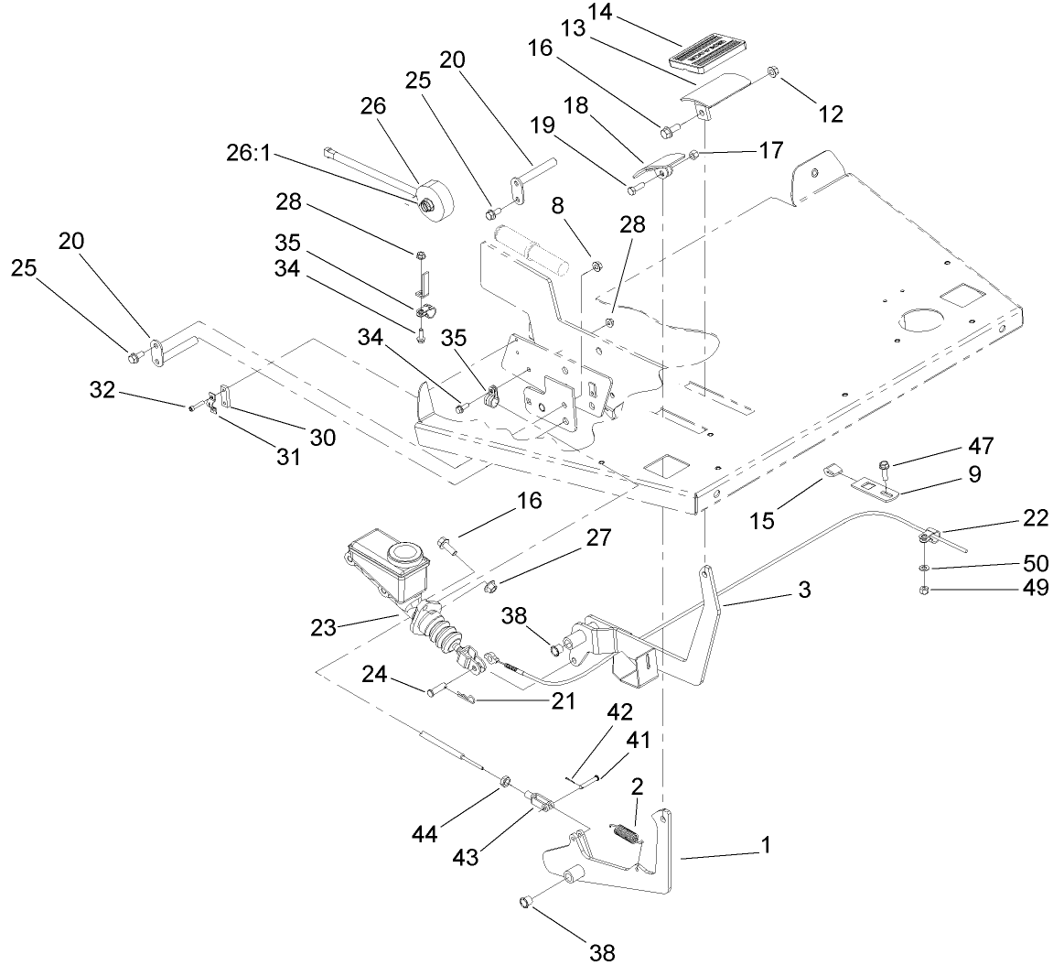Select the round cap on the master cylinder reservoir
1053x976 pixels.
coord(404,554)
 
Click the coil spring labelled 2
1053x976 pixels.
coord(625,834)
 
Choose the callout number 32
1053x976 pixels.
coord(103,390)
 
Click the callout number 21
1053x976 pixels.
coord(564,701)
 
